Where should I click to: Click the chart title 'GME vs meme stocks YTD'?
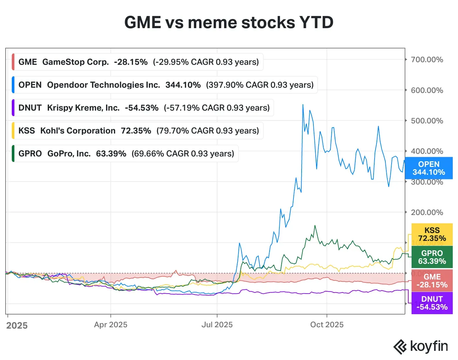[x=229, y=23]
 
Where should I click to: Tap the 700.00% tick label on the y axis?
[x=427, y=60]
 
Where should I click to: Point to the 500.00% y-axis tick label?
[x=427, y=121]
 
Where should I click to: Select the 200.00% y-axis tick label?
[x=427, y=212]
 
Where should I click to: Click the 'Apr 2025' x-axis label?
[x=111, y=325]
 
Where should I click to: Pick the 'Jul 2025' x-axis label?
[x=217, y=325]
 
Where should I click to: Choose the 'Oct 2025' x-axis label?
[x=327, y=325]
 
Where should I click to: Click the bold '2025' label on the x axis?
[x=17, y=326]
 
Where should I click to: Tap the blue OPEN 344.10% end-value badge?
[x=429, y=168]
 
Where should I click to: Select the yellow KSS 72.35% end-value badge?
[x=432, y=234]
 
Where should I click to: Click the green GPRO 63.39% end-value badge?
[x=432, y=257]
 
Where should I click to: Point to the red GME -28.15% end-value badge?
[x=432, y=281]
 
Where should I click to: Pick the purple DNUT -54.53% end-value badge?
[x=432, y=303]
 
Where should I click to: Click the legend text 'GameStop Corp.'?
[x=76, y=62]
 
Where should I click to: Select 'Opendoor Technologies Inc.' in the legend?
[x=103, y=85]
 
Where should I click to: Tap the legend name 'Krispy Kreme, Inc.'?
[x=83, y=108]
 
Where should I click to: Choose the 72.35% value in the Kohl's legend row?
[x=136, y=131]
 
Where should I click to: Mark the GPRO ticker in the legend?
[x=30, y=153]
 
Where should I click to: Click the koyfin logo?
[x=420, y=346]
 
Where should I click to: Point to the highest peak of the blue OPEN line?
[x=303, y=105]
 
